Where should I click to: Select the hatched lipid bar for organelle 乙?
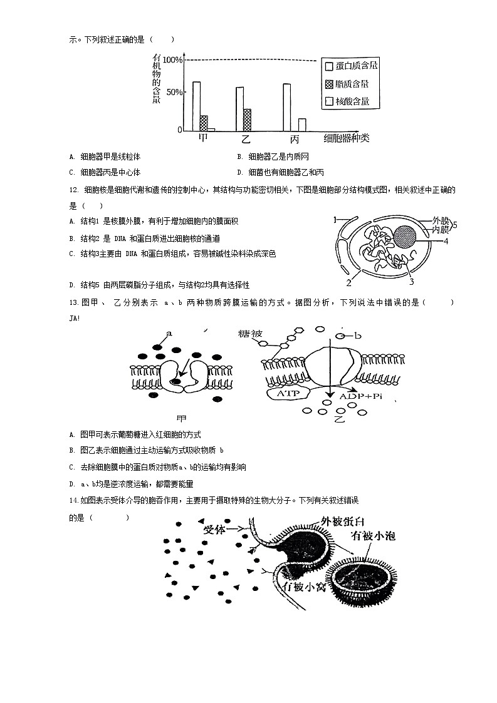click(x=247, y=120)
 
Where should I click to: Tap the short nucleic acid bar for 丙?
click(x=302, y=124)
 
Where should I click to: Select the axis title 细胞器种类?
click(x=346, y=138)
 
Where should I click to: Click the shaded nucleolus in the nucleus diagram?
click(x=405, y=237)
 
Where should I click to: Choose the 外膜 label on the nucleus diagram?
click(x=441, y=220)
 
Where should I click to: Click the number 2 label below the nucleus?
click(x=348, y=282)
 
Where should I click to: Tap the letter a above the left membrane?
click(x=169, y=333)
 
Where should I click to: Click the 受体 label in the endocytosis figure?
click(x=217, y=528)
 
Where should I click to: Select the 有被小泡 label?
click(x=374, y=536)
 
